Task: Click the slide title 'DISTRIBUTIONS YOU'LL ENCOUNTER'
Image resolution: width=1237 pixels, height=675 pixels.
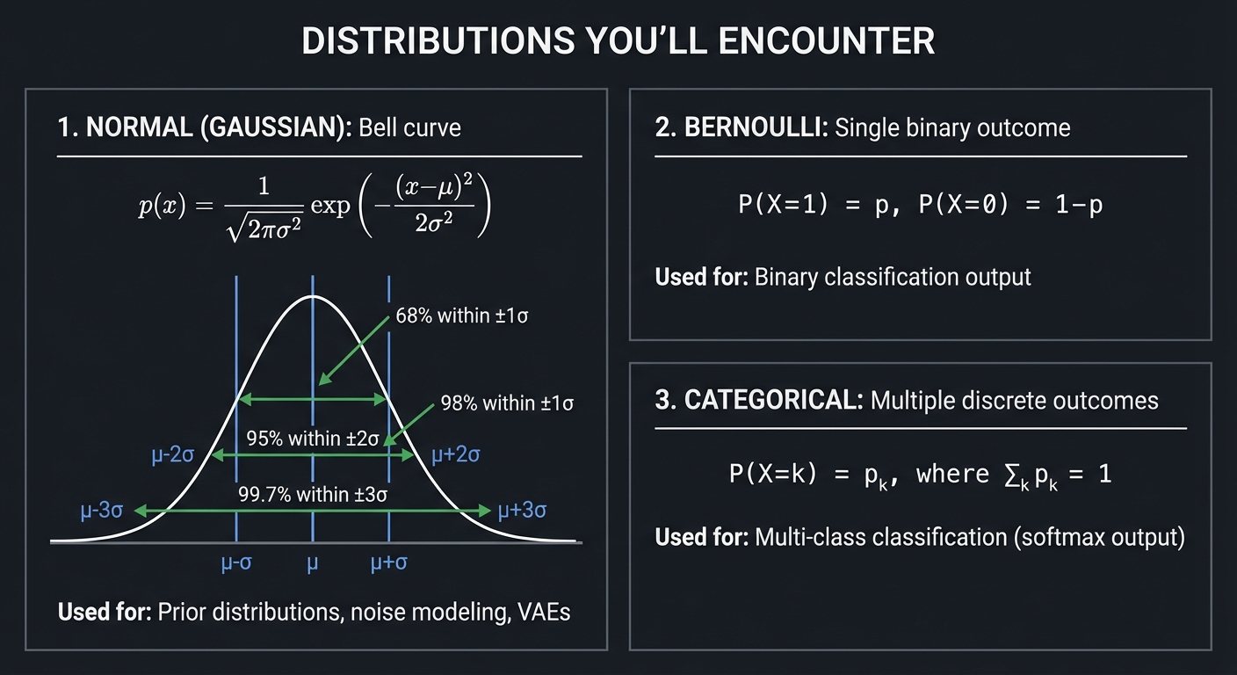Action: pyautogui.click(x=618, y=42)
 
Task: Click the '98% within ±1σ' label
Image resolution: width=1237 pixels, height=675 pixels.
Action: pyautogui.click(x=507, y=403)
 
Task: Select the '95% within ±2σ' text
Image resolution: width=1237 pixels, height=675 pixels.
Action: pyautogui.click(x=312, y=439)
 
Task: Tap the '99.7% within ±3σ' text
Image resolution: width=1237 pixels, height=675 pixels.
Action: pyautogui.click(x=313, y=494)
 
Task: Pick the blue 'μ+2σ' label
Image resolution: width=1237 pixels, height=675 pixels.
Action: pyautogui.click(x=455, y=455)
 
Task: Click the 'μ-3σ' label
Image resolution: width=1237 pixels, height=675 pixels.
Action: pyautogui.click(x=101, y=511)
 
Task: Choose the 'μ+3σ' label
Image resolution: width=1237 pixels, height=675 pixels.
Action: pyautogui.click(x=523, y=511)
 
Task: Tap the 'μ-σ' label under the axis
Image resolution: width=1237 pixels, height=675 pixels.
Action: pyautogui.click(x=236, y=563)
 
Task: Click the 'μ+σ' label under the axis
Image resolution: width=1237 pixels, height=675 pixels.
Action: pyautogui.click(x=388, y=563)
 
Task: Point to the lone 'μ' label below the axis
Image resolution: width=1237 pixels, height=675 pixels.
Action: pyautogui.click(x=312, y=564)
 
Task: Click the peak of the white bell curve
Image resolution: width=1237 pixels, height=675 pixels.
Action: pyautogui.click(x=312, y=297)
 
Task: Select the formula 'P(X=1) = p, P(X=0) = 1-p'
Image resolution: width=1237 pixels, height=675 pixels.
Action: pyautogui.click(x=920, y=205)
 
